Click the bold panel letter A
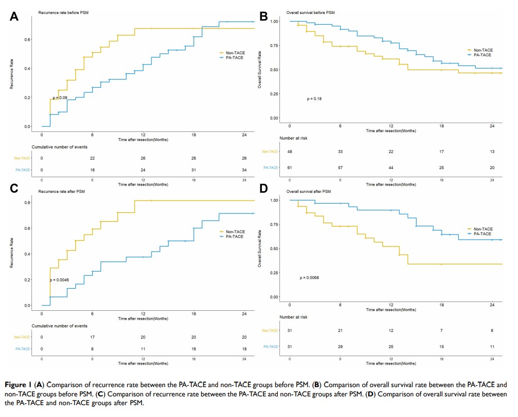click(x=14, y=16)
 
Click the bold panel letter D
click(x=263, y=189)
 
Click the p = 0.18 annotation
click(x=314, y=98)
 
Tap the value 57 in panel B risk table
click(x=340, y=168)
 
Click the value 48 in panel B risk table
click(x=290, y=152)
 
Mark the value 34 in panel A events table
click(x=244, y=170)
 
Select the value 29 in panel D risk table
click(x=340, y=347)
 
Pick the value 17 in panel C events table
click(x=92, y=337)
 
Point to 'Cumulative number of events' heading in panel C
click(x=59, y=326)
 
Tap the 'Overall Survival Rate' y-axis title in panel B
click(x=260, y=70)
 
